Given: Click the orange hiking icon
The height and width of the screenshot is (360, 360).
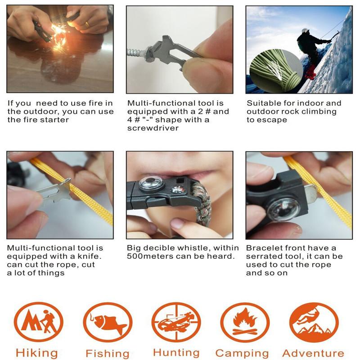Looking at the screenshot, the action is click(x=38, y=322).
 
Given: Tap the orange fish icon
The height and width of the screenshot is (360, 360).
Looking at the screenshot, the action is click(x=108, y=322).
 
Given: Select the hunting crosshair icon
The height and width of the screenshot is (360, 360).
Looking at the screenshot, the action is click(x=176, y=322).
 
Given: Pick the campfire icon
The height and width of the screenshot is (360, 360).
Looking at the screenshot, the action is click(x=245, y=322).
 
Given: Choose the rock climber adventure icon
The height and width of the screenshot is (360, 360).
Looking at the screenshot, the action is click(x=314, y=322).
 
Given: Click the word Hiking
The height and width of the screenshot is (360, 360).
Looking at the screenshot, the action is click(x=37, y=353).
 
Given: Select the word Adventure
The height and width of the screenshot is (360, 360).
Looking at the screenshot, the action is click(x=313, y=353).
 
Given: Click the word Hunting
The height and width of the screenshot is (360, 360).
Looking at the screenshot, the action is click(x=176, y=353).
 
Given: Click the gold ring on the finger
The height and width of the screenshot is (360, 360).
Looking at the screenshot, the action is click(x=87, y=24).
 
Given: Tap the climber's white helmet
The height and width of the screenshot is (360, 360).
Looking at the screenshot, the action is click(x=305, y=31).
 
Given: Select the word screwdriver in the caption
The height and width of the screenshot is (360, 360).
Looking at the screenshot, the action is click(x=153, y=128).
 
